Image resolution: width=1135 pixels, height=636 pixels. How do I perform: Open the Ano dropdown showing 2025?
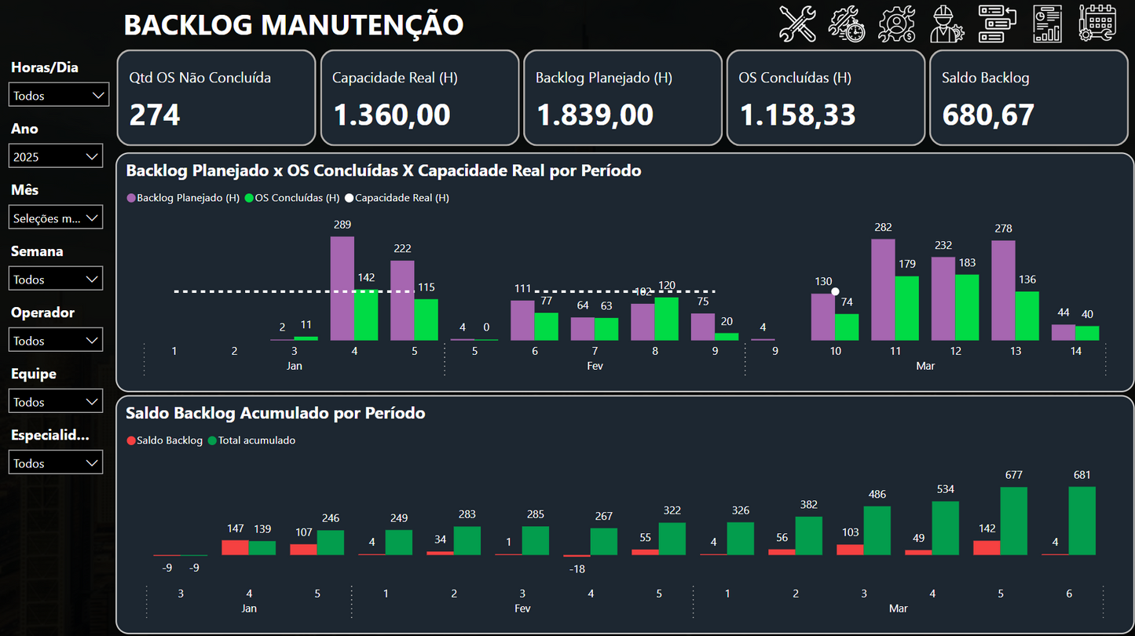point(56,156)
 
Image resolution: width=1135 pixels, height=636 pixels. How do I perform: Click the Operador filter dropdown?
point(56,340)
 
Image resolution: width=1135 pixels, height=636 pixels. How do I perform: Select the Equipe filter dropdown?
point(56,401)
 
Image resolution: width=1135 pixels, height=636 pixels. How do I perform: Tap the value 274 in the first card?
point(155,115)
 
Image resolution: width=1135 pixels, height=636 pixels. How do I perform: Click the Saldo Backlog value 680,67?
point(988,115)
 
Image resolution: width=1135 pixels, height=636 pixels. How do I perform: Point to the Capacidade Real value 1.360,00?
point(392,115)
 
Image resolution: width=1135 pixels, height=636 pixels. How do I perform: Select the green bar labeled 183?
point(967,307)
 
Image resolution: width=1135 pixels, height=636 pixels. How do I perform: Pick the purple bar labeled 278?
point(1003,290)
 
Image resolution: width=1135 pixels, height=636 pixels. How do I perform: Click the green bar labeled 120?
point(666,318)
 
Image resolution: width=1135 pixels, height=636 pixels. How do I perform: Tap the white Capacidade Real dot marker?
point(835,291)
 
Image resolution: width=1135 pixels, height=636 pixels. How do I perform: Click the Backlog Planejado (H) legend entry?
point(183,198)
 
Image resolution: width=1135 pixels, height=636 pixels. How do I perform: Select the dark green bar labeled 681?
point(1082,521)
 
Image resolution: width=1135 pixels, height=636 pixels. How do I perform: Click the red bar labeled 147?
point(235,547)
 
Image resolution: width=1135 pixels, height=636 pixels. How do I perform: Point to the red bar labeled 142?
point(987,547)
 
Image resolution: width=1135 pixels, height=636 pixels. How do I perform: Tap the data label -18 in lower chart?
point(577,568)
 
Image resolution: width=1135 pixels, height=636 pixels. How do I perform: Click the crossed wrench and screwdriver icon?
point(797,24)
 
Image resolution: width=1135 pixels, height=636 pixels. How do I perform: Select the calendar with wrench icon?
point(1097,24)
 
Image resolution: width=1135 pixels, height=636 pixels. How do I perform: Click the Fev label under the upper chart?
point(595,366)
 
